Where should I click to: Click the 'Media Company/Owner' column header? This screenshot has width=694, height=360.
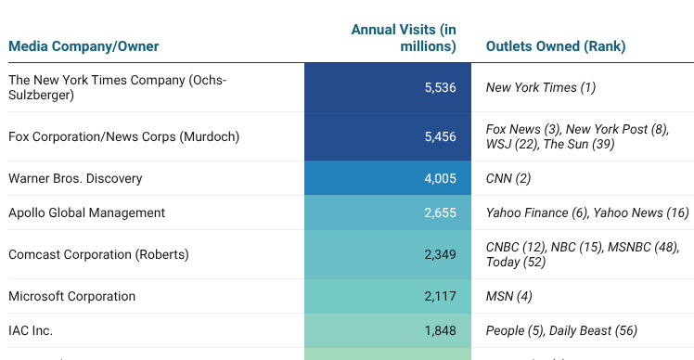[84, 46]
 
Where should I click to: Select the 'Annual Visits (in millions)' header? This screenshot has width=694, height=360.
[404, 38]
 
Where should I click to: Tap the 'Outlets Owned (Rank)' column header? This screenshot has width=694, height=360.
[555, 46]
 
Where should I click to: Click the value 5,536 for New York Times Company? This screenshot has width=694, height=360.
[440, 88]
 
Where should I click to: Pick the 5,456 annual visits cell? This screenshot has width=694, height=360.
[440, 137]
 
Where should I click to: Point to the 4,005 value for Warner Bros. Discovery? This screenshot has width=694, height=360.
[440, 178]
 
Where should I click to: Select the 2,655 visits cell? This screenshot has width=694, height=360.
[440, 213]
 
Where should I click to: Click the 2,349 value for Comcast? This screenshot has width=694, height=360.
[440, 254]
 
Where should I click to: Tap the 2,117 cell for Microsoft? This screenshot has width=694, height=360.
[440, 297]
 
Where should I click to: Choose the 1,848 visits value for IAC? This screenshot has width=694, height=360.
[440, 330]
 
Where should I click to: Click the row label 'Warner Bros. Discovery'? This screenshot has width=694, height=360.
[75, 178]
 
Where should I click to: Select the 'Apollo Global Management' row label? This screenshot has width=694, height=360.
[86, 213]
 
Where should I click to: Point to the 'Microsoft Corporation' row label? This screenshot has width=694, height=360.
[71, 297]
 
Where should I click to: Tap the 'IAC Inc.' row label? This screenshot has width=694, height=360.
[31, 330]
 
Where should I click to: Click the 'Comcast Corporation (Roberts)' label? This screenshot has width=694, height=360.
[97, 254]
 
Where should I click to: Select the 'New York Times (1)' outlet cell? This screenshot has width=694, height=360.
[540, 88]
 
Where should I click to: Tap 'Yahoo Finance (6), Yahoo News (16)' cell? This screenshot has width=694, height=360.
[587, 213]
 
